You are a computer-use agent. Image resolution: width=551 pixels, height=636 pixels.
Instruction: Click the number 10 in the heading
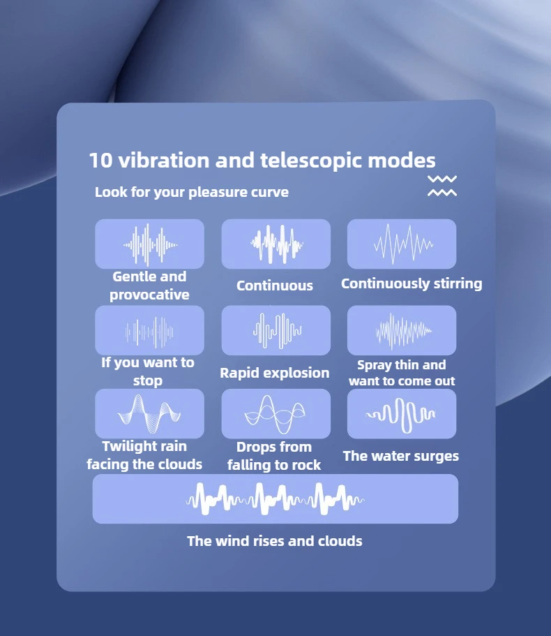coord(100,160)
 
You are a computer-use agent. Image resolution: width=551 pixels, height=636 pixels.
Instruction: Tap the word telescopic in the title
coord(311,160)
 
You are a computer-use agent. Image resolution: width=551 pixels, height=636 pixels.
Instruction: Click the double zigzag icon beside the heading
coord(442,186)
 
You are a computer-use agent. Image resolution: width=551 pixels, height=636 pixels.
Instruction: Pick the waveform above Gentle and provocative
coord(150,244)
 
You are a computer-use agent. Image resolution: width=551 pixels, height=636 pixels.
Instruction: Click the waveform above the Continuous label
coord(276,244)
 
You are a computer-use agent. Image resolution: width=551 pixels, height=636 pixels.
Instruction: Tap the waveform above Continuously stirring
coord(402,244)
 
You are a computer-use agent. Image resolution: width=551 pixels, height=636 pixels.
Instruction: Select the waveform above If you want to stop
coord(149,332)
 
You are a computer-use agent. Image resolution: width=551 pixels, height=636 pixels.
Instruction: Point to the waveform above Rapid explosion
coord(278,331)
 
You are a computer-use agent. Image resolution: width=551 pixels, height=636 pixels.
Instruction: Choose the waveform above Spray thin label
coord(403,331)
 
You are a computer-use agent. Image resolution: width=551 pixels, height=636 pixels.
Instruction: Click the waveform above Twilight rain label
coord(149,414)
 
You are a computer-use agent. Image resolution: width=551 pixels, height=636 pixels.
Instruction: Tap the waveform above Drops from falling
coord(275,415)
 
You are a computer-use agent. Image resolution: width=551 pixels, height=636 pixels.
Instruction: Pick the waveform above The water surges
coord(400,415)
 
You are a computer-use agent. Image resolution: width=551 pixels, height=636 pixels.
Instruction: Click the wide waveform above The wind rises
coord(275,499)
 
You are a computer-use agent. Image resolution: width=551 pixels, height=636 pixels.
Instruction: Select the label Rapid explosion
coord(275,373)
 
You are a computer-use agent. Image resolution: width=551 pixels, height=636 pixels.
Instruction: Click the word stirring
coord(458,283)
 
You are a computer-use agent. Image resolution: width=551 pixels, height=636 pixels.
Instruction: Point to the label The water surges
coord(400,457)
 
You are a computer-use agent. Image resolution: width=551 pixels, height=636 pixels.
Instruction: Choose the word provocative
coord(149,295)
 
